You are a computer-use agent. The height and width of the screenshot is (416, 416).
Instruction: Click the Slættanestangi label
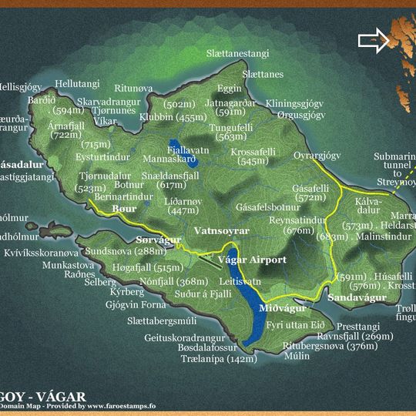(x=237, y=54)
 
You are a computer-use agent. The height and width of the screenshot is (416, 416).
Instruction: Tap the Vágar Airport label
(x=252, y=260)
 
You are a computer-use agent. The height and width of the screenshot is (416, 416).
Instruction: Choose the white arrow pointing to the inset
(x=374, y=42)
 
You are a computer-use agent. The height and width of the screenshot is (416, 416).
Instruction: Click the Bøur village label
(x=124, y=209)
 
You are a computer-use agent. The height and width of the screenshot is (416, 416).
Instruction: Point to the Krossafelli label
(x=253, y=152)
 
